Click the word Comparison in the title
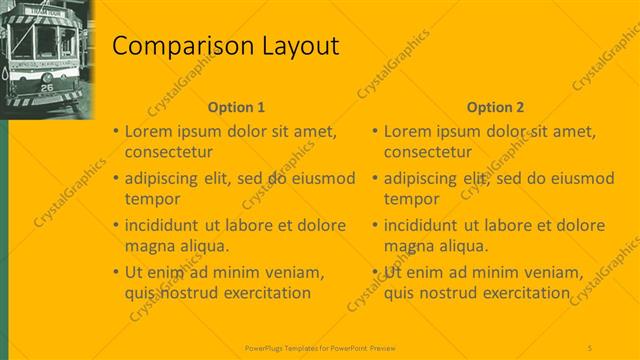[171, 46]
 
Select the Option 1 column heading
[236, 107]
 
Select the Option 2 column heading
[495, 107]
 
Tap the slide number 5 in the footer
[590, 347]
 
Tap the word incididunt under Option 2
[428, 225]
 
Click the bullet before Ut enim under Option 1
[116, 272]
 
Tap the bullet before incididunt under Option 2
[375, 225]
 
